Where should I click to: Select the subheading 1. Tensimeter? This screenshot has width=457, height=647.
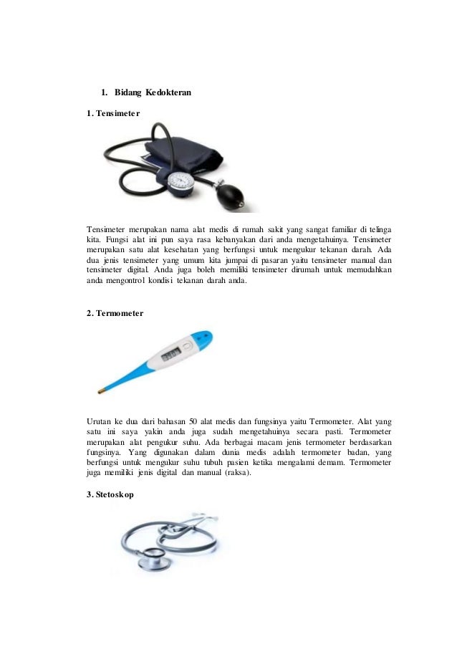tap(112, 113)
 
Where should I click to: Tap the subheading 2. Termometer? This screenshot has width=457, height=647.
tap(115, 313)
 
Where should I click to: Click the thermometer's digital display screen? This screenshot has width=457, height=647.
tap(171, 355)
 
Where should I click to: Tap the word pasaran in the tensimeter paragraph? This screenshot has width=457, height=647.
tap(257, 260)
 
